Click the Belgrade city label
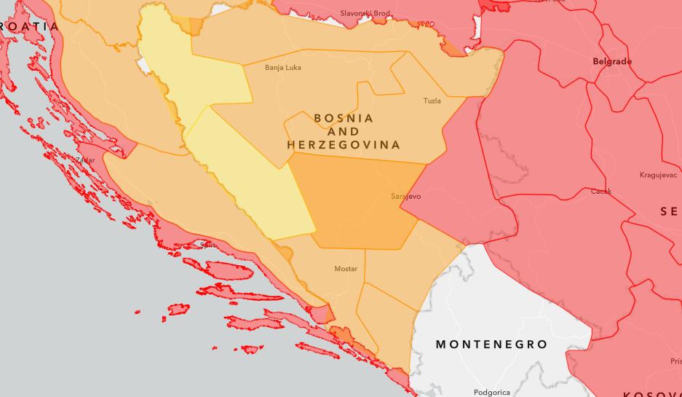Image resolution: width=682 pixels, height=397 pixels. pos(612,62)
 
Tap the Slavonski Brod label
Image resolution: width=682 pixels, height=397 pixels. pos(365,13)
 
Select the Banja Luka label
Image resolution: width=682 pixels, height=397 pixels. pos(282,68)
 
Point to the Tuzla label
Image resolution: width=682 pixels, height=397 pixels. pos(432,101)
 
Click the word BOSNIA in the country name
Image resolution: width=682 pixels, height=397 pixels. pos(344,118)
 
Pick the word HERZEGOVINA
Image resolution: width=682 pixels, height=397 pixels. pos(344,145)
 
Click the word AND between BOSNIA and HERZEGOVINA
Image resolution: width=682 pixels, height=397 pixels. pos(344,132)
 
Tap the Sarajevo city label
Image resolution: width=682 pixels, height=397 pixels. pos(405,197)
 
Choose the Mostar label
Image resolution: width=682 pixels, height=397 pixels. pos(346,269)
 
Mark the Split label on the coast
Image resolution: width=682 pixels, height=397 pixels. pos(207,245)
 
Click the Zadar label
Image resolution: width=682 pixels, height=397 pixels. pos(84,160)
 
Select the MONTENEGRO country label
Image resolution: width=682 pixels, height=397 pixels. pos(491,344)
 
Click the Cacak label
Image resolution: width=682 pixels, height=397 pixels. pos(601,192)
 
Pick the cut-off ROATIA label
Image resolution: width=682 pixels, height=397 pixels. pos(29,26)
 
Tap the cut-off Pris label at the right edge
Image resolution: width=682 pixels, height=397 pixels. pos(675,361)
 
